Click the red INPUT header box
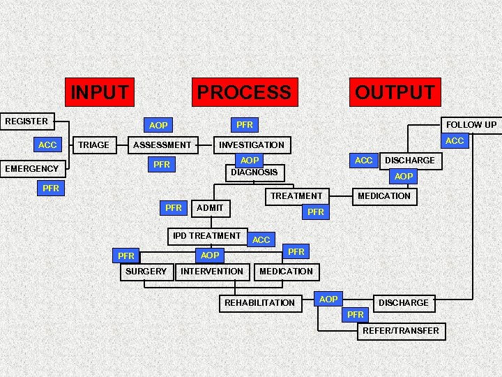[x=100, y=91]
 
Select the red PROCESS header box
[x=244, y=91]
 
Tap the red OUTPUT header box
[x=395, y=91]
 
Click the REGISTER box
[x=28, y=121]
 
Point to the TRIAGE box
[x=93, y=145]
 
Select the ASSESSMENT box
[x=162, y=145]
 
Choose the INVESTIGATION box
[x=252, y=145]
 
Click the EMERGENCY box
[x=32, y=168]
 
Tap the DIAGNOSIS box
[x=254, y=172]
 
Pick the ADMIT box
[x=211, y=207]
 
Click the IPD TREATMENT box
[x=206, y=236]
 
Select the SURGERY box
[x=145, y=271]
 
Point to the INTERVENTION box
[x=212, y=271]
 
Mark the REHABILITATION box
[x=259, y=302]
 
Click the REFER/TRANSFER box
[x=401, y=330]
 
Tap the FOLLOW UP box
[x=471, y=125]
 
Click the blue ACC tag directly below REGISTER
[x=47, y=145]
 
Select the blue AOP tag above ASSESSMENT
[x=158, y=126]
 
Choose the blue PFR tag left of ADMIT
[x=174, y=207]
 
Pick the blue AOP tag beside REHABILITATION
[x=328, y=299]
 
